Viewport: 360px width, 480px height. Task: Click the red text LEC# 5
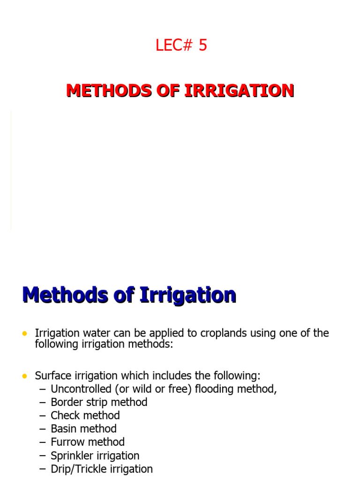(x=181, y=45)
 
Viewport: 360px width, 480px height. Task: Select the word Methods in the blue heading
(x=63, y=296)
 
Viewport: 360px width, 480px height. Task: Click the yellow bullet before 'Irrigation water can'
(x=24, y=333)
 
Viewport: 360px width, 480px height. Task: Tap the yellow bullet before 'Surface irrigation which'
(x=24, y=376)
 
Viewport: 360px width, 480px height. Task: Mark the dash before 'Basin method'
(x=43, y=429)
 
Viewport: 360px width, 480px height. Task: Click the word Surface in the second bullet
(x=53, y=376)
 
